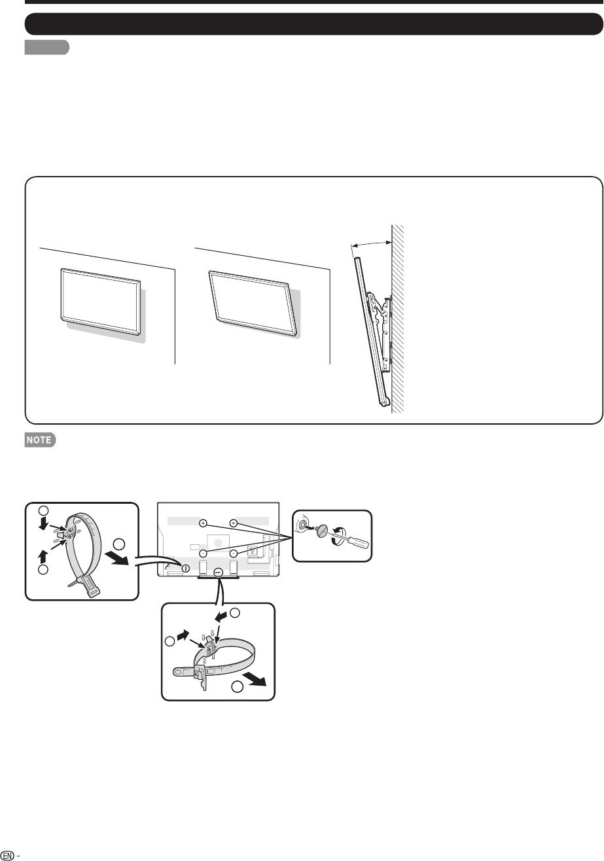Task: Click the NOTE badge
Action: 40,440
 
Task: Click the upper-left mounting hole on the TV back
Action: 204,523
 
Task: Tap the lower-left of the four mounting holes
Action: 204,553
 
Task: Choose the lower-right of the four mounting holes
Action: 234,553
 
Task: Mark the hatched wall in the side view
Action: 397,319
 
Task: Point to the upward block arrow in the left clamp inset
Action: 43,556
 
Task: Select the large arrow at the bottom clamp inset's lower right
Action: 255,680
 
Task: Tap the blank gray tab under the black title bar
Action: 47,47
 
